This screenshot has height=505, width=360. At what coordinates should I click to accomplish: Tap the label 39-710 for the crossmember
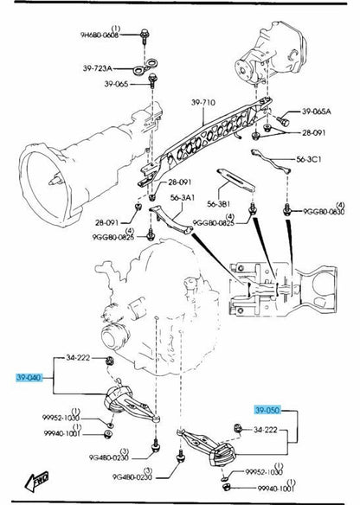tap(204, 103)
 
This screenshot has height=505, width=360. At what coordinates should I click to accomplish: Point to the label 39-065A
tap(317, 112)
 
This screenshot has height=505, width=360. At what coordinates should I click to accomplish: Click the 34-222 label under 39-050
tap(266, 429)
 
